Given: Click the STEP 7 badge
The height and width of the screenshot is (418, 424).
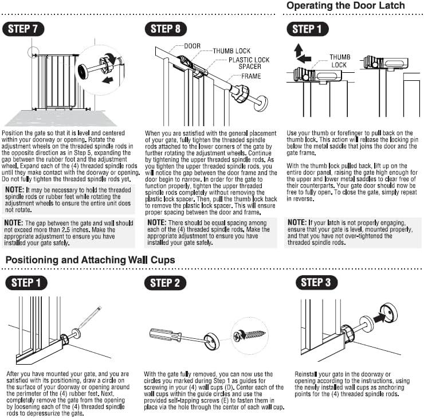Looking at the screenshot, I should pos(23,29).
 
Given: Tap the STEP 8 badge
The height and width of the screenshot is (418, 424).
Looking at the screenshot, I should pos(165,29).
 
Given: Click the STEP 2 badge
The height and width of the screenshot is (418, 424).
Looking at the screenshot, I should pos(165,283).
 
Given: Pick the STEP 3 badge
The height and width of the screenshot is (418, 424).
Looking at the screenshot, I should pos(315,282).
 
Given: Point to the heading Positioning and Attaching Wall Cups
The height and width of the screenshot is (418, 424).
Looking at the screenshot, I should pos(90,260).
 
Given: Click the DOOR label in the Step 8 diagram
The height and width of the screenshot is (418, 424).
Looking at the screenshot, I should pos(192,46).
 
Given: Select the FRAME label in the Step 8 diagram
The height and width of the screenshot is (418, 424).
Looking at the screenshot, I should pos(251,76).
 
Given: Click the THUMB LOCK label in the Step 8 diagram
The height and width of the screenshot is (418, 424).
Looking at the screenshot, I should pos(231,51).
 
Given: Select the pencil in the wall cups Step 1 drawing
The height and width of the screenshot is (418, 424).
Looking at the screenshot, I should pos(89,319).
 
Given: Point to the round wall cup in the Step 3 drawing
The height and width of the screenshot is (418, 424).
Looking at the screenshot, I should pos(389,312).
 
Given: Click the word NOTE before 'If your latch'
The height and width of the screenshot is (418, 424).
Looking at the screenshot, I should pos(297,222).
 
